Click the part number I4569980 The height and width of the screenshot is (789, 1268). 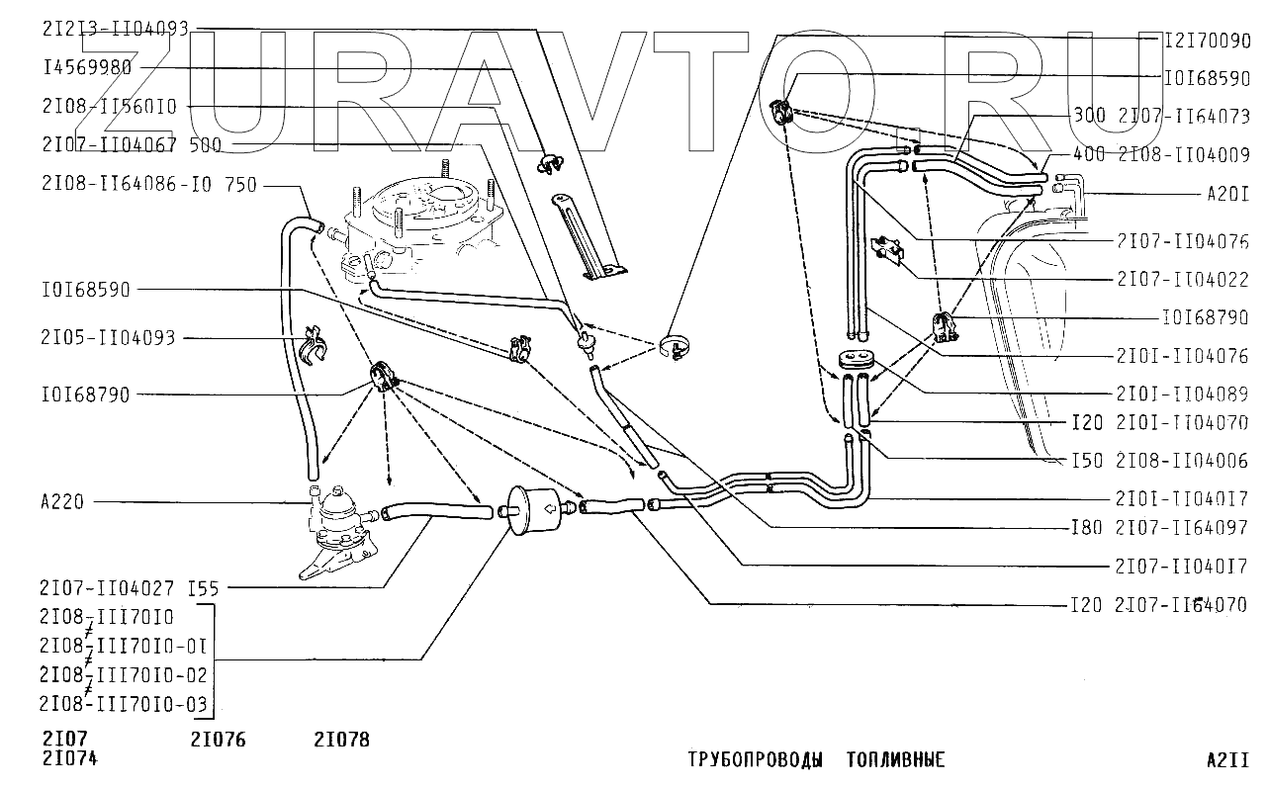click(87, 67)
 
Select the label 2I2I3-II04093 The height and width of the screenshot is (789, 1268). click(115, 30)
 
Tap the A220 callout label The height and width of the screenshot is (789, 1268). click(63, 502)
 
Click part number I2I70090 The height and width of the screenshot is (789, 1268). click(1208, 43)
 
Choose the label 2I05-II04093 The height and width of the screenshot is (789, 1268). click(108, 338)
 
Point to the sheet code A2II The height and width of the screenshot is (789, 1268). click(1227, 759)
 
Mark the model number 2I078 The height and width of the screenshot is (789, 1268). click(341, 739)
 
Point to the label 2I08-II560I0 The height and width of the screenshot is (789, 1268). click(109, 107)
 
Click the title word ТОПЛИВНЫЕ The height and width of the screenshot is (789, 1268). click(896, 759)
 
